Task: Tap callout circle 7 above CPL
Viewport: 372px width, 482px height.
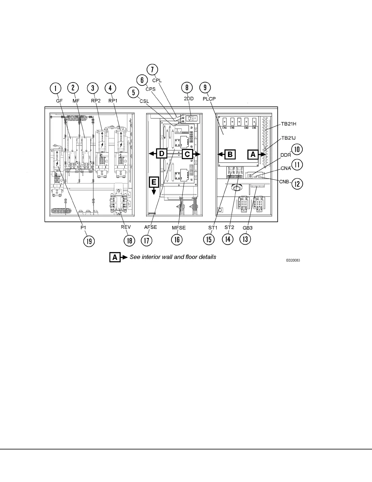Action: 152,70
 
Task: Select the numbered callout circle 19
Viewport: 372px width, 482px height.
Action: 89,241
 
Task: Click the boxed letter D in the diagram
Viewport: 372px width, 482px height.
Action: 161,154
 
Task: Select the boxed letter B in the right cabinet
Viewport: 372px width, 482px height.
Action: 230,154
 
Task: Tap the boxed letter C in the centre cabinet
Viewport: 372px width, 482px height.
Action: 187,154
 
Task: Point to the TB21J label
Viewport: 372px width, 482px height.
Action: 288,138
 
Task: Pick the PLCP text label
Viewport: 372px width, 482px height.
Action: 209,98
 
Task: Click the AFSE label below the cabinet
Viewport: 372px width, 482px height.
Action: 150,227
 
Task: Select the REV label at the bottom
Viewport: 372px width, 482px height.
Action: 126,227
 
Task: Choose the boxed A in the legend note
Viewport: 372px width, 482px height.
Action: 115,257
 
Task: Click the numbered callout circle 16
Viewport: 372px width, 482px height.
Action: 177,239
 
